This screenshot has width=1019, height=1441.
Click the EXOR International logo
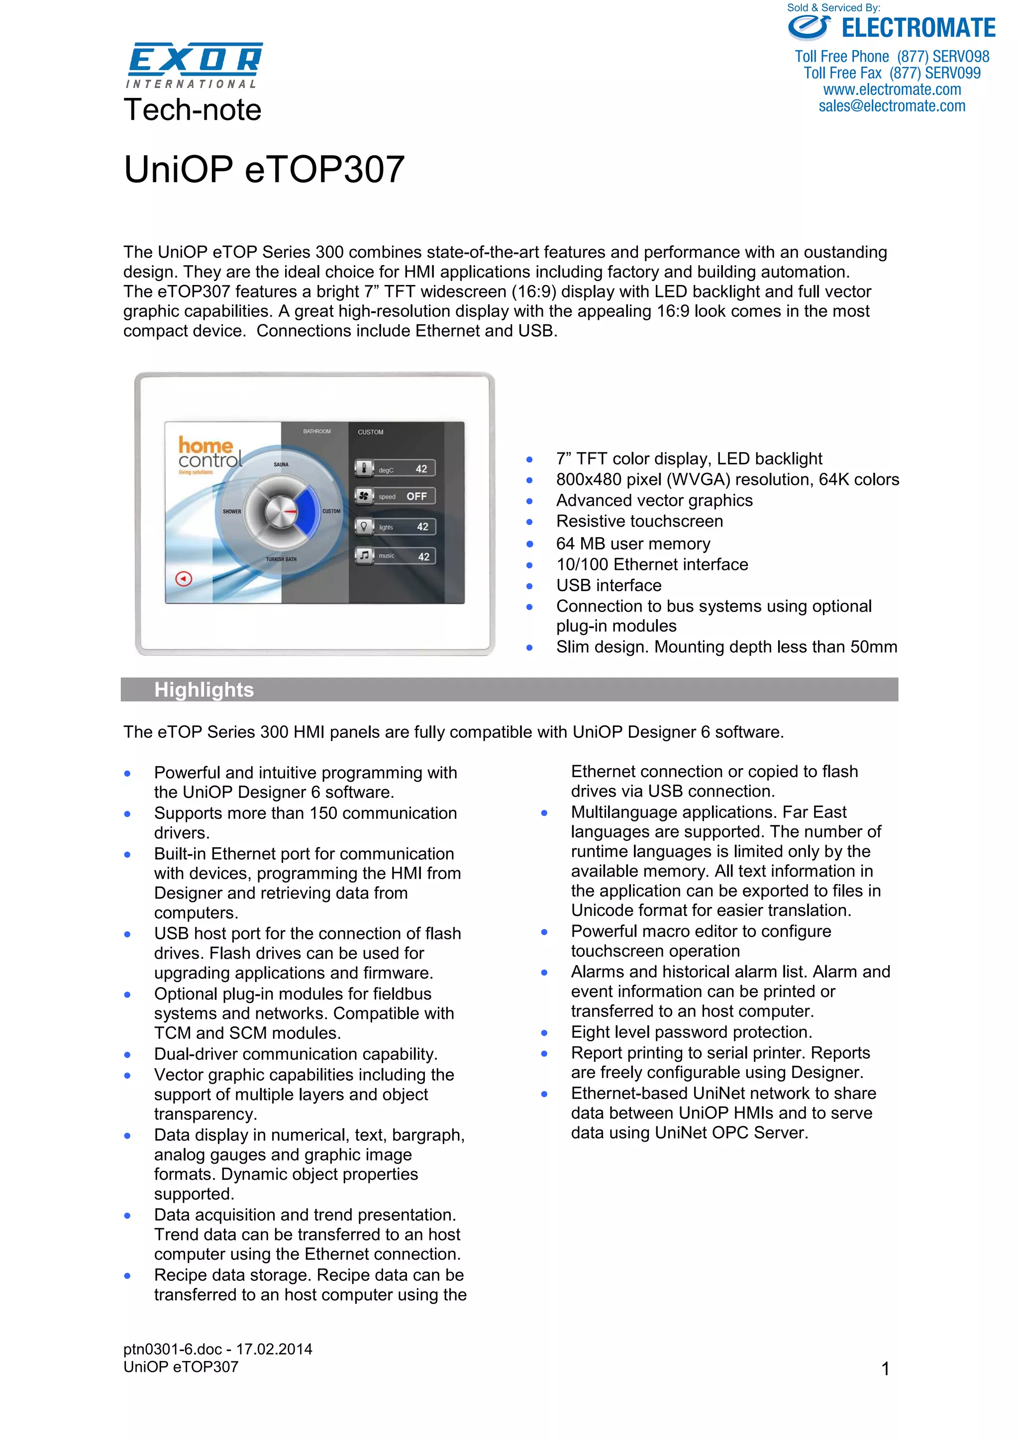(x=195, y=65)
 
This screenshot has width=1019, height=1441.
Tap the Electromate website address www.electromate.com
(x=892, y=90)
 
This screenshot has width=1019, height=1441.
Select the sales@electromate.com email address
(x=892, y=106)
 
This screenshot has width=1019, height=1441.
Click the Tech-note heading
(x=192, y=110)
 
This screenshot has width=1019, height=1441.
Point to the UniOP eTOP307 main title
(x=264, y=170)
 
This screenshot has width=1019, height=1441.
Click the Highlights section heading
(x=204, y=690)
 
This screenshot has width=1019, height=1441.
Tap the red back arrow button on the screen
(x=183, y=579)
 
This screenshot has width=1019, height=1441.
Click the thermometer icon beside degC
(x=364, y=468)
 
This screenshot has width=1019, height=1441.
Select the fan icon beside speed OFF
(x=364, y=496)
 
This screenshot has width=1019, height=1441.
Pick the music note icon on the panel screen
(x=364, y=555)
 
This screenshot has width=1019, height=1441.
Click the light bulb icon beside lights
(x=364, y=527)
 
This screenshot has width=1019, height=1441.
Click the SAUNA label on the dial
(x=281, y=464)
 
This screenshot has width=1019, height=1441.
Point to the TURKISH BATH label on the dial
(x=281, y=559)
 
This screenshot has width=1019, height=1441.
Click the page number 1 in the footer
(x=885, y=1368)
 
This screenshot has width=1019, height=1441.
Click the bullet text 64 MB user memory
(x=633, y=543)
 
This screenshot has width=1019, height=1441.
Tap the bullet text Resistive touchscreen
(x=639, y=521)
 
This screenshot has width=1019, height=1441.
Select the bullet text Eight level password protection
(x=691, y=1032)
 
